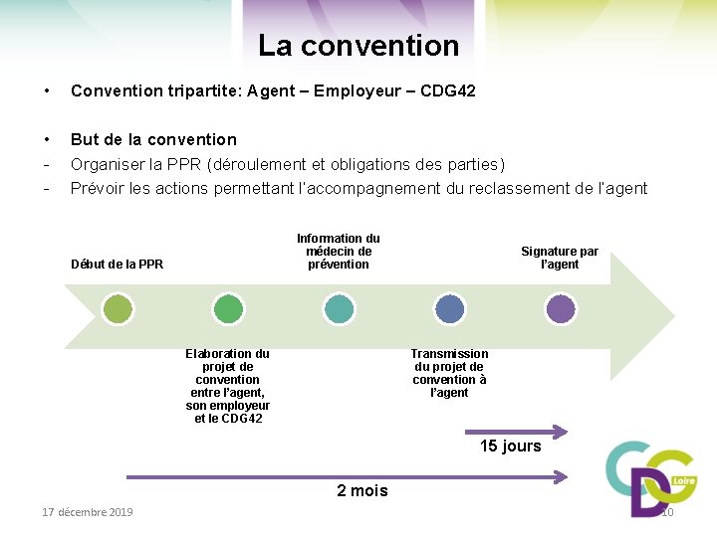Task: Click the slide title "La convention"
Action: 358,46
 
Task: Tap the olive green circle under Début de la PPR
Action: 119,309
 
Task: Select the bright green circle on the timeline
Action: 228,309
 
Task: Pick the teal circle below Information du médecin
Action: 339,309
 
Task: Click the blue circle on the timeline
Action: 449,309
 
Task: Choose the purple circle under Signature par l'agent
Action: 560,309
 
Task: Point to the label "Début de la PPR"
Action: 117,265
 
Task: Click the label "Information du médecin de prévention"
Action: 339,252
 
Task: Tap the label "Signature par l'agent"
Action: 560,258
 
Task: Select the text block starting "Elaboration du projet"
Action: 228,386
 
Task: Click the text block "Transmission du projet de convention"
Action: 449,373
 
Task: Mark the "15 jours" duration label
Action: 510,447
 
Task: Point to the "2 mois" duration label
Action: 362,491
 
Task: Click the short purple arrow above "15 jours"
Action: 517,432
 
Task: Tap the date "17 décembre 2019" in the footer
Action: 88,512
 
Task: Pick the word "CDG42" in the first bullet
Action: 448,91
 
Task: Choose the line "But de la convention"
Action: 153,139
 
